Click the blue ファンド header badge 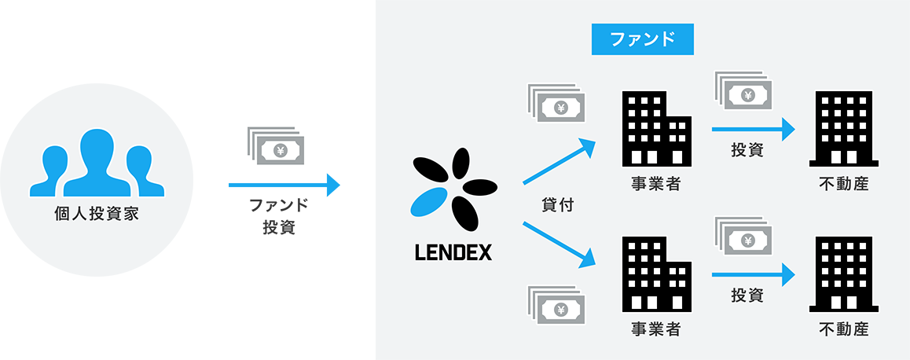coord(642,39)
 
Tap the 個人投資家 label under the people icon coord(96,212)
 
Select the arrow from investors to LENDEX coord(284,186)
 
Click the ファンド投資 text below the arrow coord(278,217)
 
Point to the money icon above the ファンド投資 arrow coord(277,147)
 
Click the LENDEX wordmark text coord(453,253)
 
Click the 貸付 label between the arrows coord(558,206)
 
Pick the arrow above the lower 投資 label coord(753,274)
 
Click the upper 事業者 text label coord(655,185)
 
